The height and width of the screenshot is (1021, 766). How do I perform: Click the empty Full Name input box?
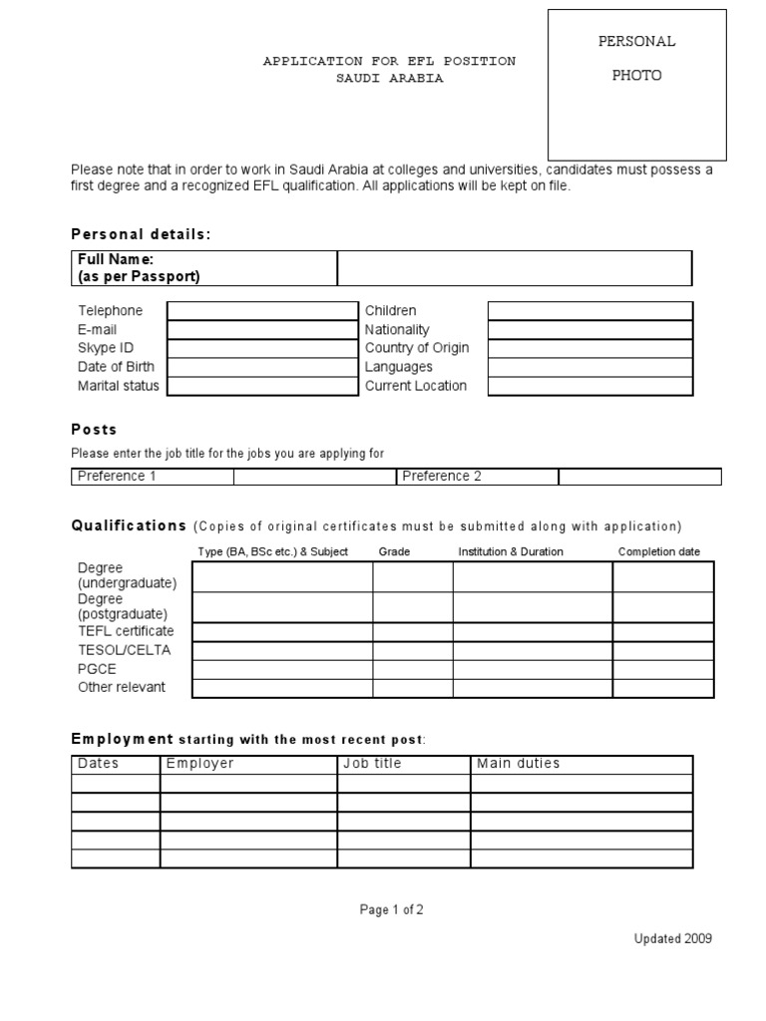coord(515,268)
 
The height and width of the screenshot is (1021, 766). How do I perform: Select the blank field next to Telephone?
coord(262,311)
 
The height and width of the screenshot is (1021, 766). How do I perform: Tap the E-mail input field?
coord(262,330)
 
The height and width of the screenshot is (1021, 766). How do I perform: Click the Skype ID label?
coord(106,348)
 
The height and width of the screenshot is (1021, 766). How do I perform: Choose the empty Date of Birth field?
coord(262,367)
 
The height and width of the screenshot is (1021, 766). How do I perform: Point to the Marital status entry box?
coord(262,386)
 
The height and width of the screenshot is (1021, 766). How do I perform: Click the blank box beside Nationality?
coord(589,330)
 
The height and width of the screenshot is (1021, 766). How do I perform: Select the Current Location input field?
coord(589,386)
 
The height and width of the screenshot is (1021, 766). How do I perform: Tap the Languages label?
coord(399,367)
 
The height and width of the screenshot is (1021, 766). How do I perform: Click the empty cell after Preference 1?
coord(315,477)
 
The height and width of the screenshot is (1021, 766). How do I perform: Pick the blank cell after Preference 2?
coord(640,477)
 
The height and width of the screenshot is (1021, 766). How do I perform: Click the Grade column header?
coord(394,551)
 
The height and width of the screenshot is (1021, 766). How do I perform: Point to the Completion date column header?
coord(659,551)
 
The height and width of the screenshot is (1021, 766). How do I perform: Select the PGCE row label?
coord(98,669)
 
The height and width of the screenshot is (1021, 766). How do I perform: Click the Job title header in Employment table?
coord(372,764)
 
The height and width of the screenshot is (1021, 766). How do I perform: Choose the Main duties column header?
coord(519,764)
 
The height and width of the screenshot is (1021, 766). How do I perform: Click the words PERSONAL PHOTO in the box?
coord(637,59)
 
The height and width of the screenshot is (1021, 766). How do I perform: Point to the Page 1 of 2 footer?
coord(392,909)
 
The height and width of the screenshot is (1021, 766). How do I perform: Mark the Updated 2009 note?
coord(673,938)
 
